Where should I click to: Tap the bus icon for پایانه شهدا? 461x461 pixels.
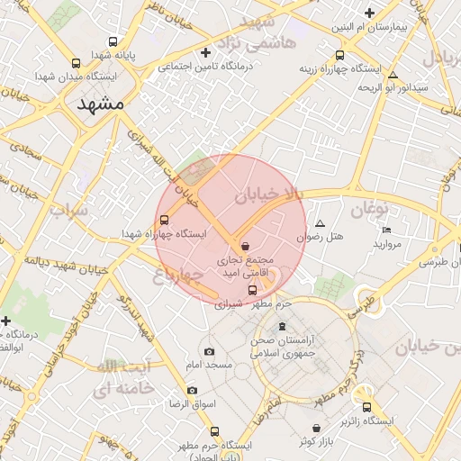point(113,41)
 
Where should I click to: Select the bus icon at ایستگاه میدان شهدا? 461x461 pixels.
point(76,63)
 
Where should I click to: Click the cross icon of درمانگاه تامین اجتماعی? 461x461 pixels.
point(206,52)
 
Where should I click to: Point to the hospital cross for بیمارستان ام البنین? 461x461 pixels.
point(369,13)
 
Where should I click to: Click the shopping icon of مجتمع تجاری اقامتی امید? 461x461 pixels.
point(246,247)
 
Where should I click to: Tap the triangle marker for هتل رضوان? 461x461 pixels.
point(320,223)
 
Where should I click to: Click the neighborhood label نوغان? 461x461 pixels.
point(367,210)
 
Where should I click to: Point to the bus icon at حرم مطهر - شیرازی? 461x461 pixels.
point(252,290)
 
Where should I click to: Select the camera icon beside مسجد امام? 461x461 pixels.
point(209,351)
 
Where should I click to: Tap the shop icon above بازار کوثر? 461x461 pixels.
point(315,429)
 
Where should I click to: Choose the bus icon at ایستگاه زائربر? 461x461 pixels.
point(366,406)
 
